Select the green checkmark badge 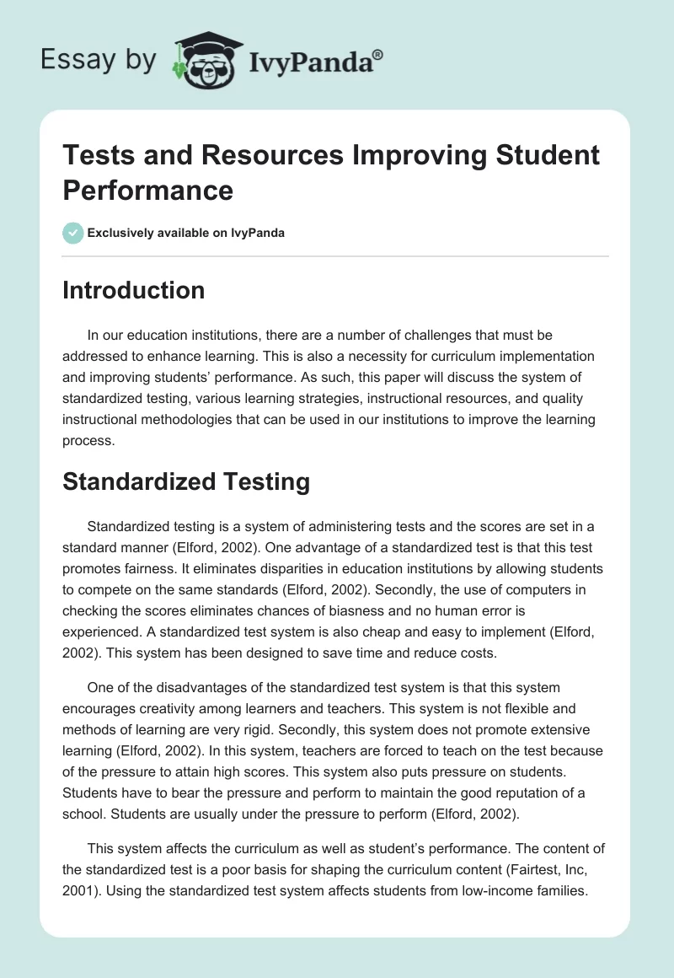click(x=73, y=233)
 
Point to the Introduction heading click(x=134, y=290)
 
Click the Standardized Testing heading click(x=186, y=481)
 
